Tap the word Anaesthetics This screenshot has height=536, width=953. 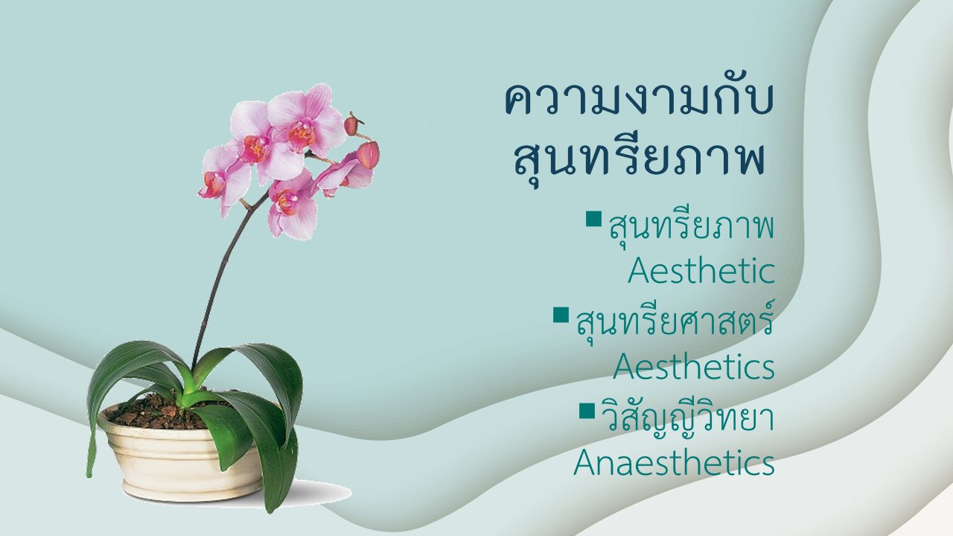point(674,462)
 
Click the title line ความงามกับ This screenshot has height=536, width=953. point(638,99)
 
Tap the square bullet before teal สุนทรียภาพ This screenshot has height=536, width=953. point(594,219)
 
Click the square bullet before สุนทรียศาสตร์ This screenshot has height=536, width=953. point(561,315)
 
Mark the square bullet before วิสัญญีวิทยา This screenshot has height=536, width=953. point(587,411)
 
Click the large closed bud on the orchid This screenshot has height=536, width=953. point(368,155)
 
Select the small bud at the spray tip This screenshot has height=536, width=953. point(351,124)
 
